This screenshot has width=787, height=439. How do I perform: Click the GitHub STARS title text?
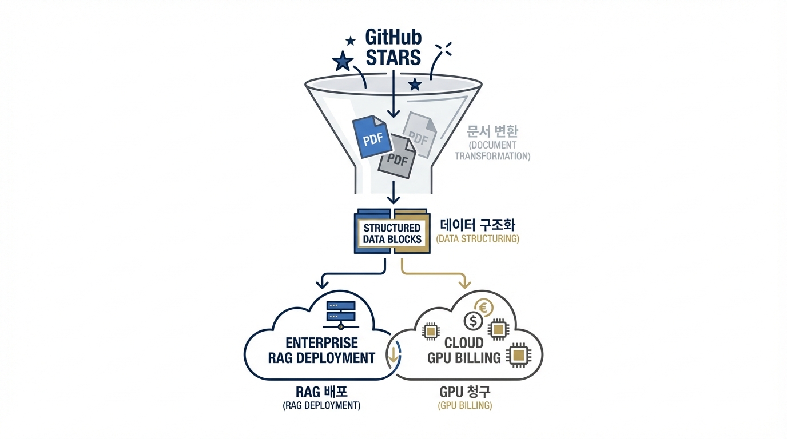(393, 47)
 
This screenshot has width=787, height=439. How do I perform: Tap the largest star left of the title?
(342, 61)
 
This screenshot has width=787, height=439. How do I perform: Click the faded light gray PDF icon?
(420, 134)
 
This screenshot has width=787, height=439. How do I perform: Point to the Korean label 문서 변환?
(492, 131)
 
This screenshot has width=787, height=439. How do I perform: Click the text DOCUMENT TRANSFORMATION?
(492, 150)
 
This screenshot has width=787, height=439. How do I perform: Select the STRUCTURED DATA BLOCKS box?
(392, 233)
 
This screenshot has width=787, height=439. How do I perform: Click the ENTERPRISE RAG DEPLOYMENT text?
(321, 350)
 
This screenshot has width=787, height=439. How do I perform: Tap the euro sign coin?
(483, 308)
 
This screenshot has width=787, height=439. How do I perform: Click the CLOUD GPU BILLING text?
(464, 350)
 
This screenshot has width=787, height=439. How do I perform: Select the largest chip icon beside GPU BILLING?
(518, 356)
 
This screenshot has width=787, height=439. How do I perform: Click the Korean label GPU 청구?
(464, 392)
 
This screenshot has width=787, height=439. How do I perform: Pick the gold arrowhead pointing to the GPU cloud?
(465, 283)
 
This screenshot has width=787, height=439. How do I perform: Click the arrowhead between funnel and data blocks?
(393, 199)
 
